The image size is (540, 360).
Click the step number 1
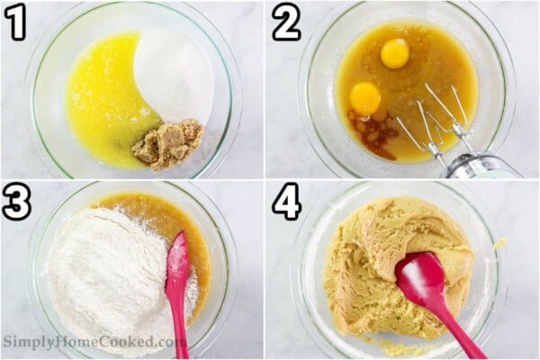coord(14,22)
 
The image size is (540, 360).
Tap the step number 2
coord(286,22)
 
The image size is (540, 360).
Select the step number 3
coord(15,202)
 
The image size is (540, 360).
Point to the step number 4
coord(286,202)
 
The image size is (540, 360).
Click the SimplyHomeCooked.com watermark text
coord(94,343)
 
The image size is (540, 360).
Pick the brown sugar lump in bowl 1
coord(168,143)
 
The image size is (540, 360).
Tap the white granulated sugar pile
coord(175,76)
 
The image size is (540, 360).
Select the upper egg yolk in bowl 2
coord(394,53)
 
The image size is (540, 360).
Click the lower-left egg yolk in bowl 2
coord(365,97)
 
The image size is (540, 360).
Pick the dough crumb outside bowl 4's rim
coord(500,243)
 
